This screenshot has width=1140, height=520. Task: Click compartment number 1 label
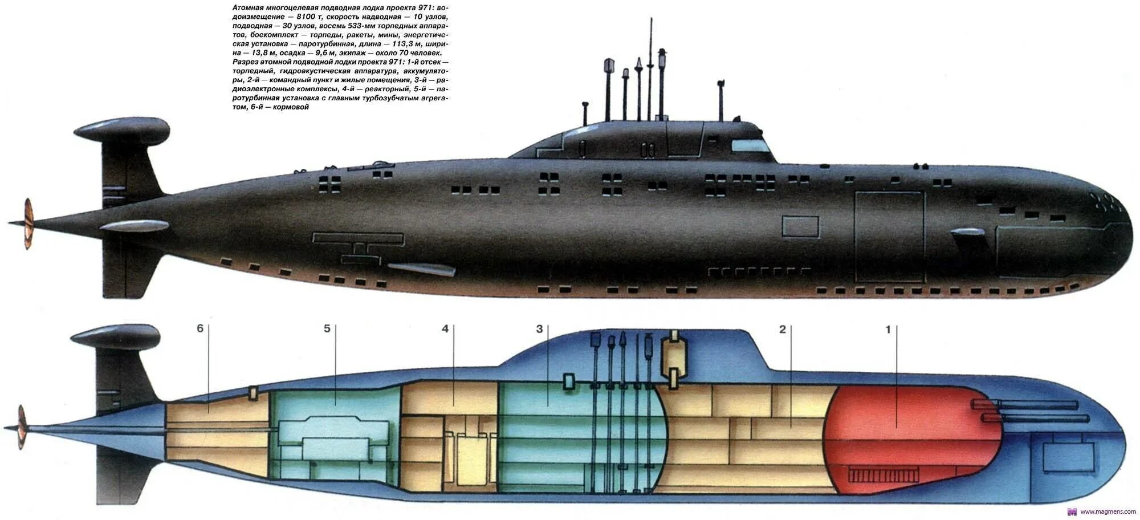(887, 329)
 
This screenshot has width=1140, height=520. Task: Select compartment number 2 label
(783, 329)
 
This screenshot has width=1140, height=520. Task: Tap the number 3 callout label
(539, 329)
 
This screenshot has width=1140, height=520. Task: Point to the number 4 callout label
(445, 329)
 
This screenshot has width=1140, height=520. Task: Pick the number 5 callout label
(327, 329)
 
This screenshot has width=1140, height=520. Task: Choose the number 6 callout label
(199, 329)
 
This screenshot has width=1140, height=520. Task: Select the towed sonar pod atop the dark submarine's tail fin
(122, 131)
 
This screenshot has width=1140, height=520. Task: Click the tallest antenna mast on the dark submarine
(649, 68)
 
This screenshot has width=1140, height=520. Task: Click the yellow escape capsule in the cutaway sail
(673, 357)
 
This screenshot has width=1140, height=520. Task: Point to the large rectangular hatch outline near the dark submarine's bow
(889, 237)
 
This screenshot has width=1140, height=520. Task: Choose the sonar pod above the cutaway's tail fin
(116, 336)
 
